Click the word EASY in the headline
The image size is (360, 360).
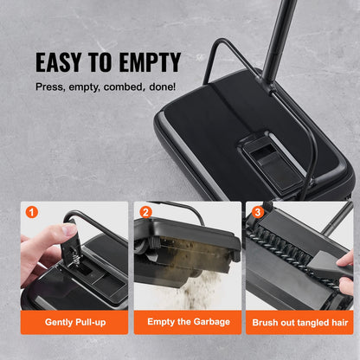pyautogui.click(x=61, y=62)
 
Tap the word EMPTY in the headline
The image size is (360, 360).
pyautogui.click(x=147, y=62)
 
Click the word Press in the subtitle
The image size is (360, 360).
pyautogui.click(x=49, y=87)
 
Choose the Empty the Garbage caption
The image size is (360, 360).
pyautogui.click(x=187, y=321)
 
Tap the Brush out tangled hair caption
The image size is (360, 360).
pyautogui.click(x=299, y=321)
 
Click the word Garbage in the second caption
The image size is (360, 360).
pyautogui.click(x=212, y=321)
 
